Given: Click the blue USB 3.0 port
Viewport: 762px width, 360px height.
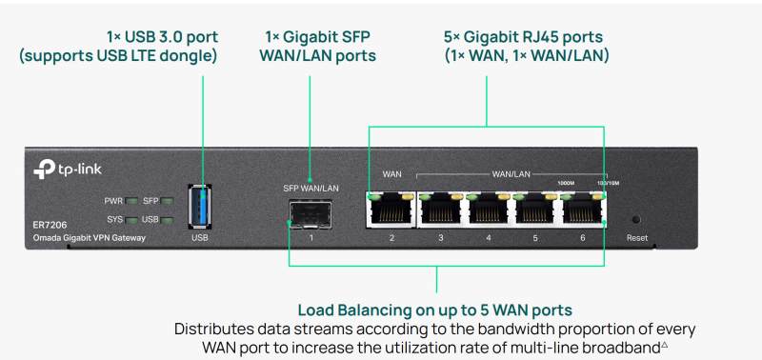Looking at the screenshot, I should tap(201, 207).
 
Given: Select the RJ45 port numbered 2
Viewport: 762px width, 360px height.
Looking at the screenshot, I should tap(391, 210).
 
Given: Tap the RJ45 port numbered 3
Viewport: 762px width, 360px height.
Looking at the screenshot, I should tap(440, 210).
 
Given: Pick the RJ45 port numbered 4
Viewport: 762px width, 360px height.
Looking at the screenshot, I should tap(488, 210).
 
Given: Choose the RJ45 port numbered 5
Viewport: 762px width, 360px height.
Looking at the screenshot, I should tap(535, 210).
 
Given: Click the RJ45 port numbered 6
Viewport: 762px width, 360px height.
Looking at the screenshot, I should tap(583, 210).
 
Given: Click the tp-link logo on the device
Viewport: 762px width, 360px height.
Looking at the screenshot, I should tap(68, 170).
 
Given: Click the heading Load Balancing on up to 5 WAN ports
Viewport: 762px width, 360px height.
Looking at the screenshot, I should tap(434, 310).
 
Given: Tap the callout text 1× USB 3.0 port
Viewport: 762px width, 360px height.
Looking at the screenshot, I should tap(162, 37).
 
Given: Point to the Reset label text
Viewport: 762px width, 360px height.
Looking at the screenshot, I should tap(636, 236).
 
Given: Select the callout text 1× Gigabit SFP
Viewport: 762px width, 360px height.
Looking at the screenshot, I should tap(317, 37).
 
